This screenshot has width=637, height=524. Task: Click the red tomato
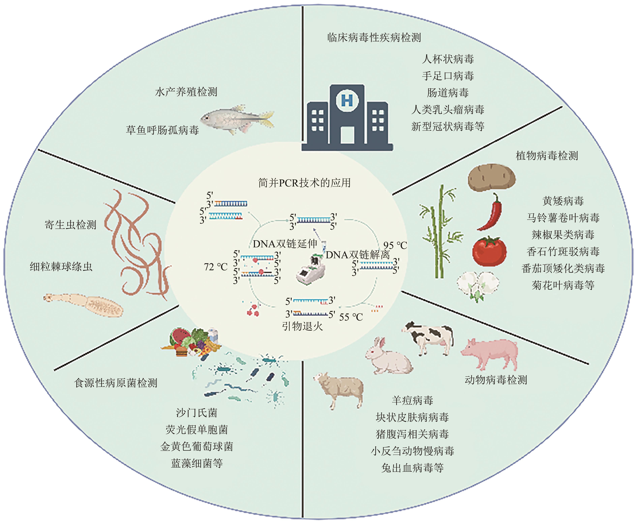489,251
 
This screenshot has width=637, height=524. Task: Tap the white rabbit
388,356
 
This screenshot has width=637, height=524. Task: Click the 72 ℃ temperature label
216,267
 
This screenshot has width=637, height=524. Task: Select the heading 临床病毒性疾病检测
374,38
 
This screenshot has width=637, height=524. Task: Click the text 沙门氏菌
196,412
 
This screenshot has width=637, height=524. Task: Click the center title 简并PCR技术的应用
304,183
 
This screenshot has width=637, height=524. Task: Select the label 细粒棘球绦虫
61,267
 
